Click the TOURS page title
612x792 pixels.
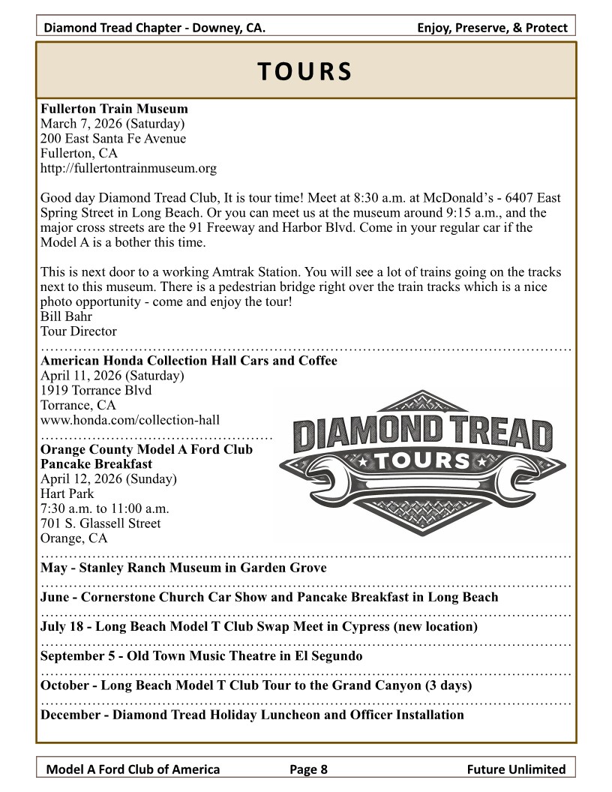click(x=304, y=70)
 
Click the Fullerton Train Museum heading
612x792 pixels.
click(x=114, y=109)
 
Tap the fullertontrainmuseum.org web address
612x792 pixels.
click(x=128, y=169)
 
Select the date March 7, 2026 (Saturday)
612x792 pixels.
click(x=112, y=124)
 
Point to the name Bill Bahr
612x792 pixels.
click(x=66, y=316)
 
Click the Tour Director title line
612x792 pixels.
click(x=78, y=331)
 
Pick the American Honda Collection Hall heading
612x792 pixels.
click(x=188, y=361)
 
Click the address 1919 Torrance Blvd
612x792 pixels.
click(x=95, y=391)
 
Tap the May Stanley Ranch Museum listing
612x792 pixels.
click(x=183, y=568)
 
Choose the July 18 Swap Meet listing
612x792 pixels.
click(x=259, y=626)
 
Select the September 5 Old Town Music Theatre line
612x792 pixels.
click(x=201, y=656)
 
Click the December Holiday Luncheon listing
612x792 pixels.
click(x=252, y=715)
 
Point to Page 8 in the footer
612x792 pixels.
click(x=309, y=769)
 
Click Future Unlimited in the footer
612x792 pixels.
click(x=515, y=769)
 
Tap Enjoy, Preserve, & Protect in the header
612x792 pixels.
click(x=492, y=28)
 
